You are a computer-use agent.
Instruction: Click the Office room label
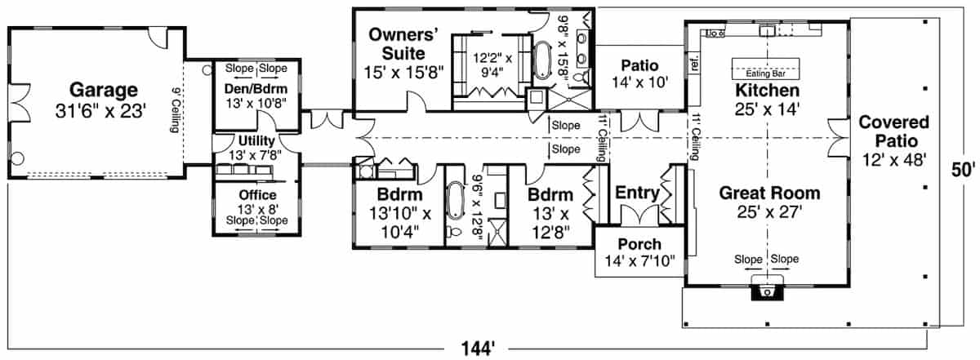point(256,195)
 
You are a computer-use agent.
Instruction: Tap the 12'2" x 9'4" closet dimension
point(492,64)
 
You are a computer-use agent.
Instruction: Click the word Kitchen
point(767,90)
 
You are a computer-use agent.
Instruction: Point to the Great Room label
point(768,193)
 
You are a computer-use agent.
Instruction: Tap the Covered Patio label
point(894,133)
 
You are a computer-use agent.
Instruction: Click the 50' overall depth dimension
point(964,171)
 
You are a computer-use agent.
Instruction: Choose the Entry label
point(637,193)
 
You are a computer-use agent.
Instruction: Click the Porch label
point(639,244)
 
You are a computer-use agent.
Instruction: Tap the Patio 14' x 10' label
point(639,73)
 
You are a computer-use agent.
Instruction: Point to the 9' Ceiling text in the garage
point(175,109)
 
